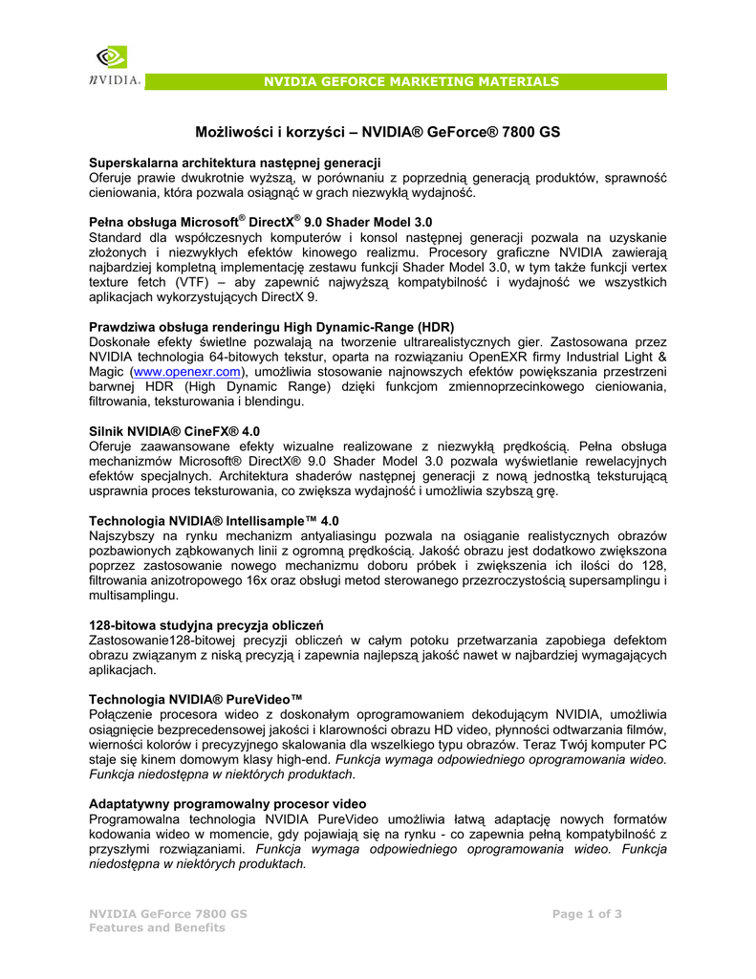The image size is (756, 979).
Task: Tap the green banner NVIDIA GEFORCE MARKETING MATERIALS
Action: pos(411,82)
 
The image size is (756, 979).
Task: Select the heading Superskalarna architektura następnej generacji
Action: pos(235,163)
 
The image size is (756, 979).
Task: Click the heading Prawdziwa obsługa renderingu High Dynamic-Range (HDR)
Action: pos(271,326)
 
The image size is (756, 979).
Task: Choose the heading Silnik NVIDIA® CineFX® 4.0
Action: pos(174,431)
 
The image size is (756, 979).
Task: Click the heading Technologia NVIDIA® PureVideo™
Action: pos(196,700)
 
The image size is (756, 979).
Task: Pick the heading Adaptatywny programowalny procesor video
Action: pos(227,804)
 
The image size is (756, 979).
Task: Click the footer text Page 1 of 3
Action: pos(587,914)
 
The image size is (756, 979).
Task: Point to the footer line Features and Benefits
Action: pos(157,927)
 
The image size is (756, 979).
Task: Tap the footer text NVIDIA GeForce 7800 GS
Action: pos(167,914)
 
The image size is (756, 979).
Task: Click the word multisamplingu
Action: pos(133,595)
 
